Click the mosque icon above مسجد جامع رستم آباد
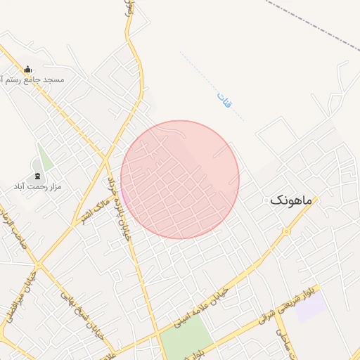pos(27,69)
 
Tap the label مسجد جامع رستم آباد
pos(34,80)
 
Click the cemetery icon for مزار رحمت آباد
pos(37,176)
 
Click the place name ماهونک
pos(289,200)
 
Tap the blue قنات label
pos(224,101)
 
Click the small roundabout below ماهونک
pos(287,231)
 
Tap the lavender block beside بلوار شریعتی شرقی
pos(310,307)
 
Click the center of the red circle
pos(180,179)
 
